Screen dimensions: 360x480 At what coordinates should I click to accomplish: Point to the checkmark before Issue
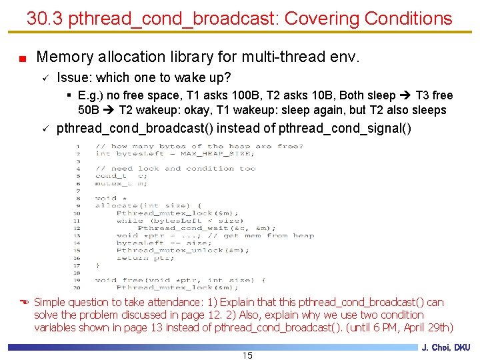pyautogui.click(x=44, y=78)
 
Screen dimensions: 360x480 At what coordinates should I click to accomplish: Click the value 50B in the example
pyautogui.click(x=89, y=110)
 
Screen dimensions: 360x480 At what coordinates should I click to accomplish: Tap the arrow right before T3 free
pyautogui.click(x=402, y=95)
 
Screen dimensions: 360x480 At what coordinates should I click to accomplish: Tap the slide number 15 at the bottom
pyautogui.click(x=247, y=355)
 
